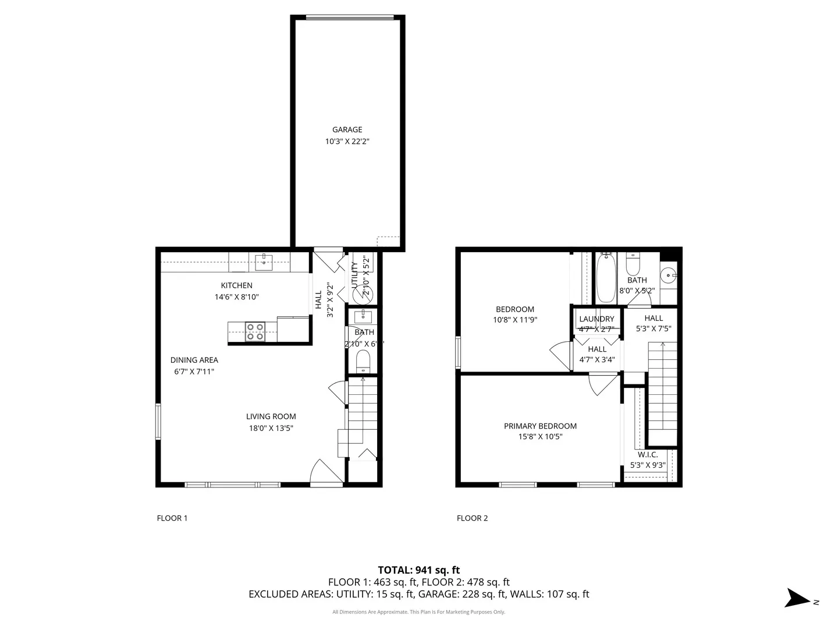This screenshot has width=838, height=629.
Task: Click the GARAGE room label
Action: click(347, 130)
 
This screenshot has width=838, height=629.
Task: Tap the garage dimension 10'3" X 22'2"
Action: click(347, 142)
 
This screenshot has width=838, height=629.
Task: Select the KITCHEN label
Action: click(236, 285)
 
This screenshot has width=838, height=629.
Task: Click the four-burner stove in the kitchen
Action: click(254, 331)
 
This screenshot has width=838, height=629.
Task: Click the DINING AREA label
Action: click(194, 360)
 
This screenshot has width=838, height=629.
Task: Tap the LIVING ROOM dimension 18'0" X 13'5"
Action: click(271, 428)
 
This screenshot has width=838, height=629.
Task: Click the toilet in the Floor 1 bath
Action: click(363, 361)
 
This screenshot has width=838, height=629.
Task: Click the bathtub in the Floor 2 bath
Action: click(606, 278)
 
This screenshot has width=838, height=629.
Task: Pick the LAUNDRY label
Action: click(596, 319)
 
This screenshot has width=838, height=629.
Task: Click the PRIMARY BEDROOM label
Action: click(540, 426)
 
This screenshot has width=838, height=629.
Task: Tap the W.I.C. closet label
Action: click(648, 454)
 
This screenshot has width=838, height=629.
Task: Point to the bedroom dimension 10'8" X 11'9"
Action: click(515, 320)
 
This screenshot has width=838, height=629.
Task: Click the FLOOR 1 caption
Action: click(172, 518)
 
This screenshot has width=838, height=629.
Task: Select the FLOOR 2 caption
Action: click(472, 518)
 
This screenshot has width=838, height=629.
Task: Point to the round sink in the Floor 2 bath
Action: click(669, 274)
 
